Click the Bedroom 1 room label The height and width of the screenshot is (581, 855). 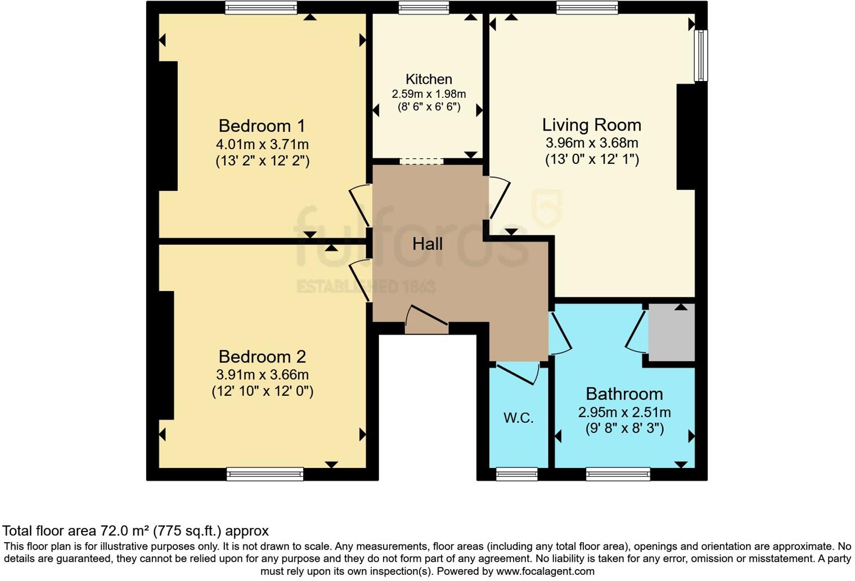[262, 126]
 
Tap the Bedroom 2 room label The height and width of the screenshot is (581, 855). [262, 356]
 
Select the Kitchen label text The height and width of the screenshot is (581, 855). [429, 79]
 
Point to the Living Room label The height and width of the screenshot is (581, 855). [591, 124]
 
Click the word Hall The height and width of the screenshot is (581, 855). [427, 244]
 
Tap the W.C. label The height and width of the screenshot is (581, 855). [518, 418]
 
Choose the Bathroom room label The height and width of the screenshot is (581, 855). [624, 394]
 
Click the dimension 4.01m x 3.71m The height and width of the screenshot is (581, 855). [262, 144]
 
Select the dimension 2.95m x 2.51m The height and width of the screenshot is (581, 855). [624, 412]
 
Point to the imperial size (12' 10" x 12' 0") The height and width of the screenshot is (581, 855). [262, 391]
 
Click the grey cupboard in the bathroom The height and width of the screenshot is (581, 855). [672, 333]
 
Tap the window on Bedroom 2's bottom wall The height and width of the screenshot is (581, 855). [265, 474]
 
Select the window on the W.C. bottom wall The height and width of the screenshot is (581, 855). [516, 474]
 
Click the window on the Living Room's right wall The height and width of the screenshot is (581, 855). [700, 56]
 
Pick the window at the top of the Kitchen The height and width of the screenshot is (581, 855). [424, 7]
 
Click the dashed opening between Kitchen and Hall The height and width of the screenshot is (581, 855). [421, 162]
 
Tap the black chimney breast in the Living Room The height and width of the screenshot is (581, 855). [686, 137]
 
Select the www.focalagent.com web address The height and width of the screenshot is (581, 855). [544, 571]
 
